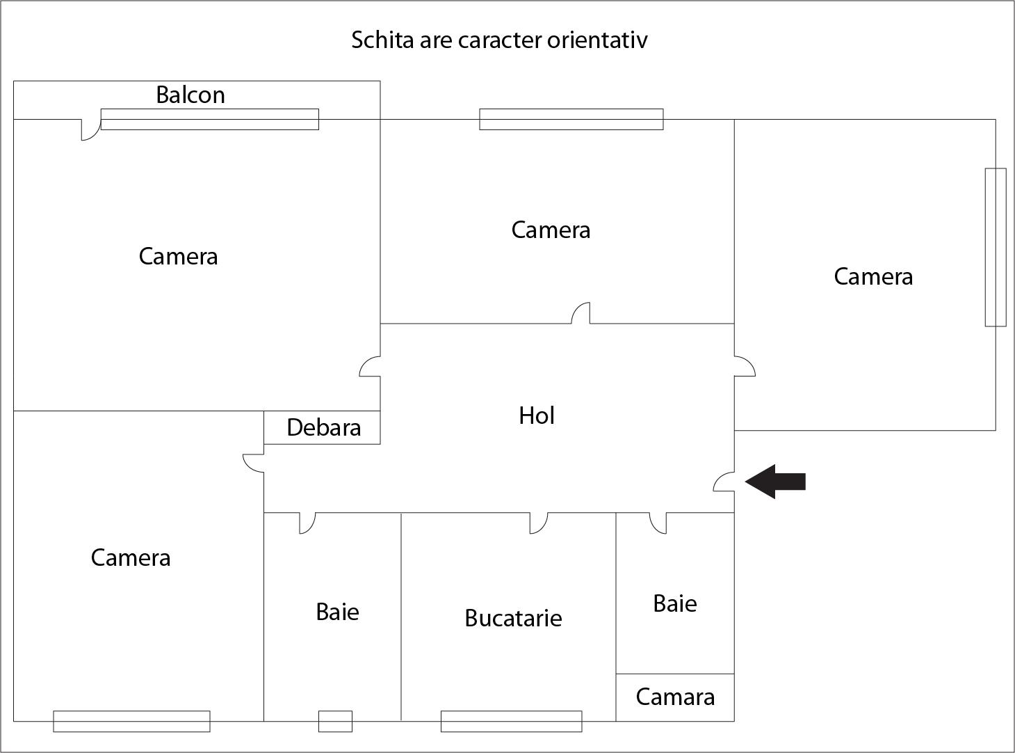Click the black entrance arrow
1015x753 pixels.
(774, 482)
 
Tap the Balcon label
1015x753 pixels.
(190, 95)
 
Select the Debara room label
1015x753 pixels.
(323, 427)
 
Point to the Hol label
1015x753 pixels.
(537, 416)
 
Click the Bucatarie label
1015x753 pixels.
(513, 618)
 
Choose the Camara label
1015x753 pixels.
(675, 697)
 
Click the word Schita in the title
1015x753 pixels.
(382, 40)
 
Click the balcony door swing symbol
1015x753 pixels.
(90, 130)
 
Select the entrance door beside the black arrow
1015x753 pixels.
(724, 482)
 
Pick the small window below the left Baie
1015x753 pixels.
(335, 721)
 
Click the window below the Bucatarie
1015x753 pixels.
(511, 721)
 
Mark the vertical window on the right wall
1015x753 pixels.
(996, 247)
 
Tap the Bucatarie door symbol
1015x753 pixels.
(538, 523)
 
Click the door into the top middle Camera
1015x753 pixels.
(581, 314)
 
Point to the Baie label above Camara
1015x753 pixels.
(675, 603)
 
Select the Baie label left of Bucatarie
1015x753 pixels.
(337, 612)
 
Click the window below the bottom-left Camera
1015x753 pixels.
(131, 721)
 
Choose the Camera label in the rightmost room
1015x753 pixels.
(873, 277)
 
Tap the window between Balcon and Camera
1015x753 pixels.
(209, 120)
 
